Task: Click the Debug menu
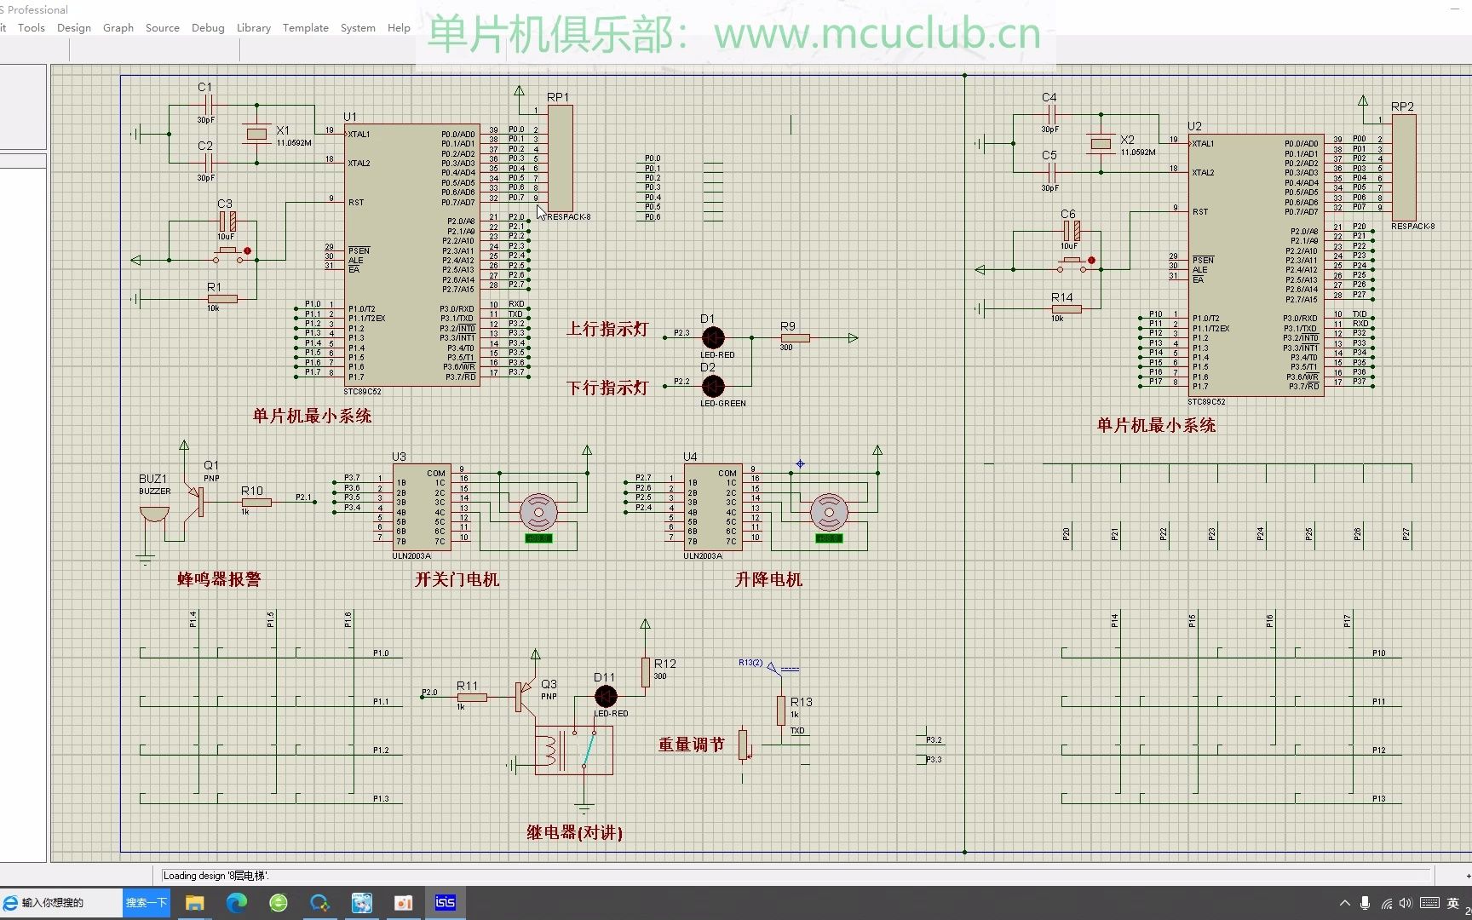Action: tap(208, 27)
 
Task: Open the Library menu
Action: tap(253, 27)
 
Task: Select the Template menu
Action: tap(305, 27)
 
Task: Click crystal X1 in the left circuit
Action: tap(256, 134)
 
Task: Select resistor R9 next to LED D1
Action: tap(794, 338)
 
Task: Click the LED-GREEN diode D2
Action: tap(713, 386)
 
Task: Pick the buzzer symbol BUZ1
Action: tap(154, 514)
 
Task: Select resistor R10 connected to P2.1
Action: tap(256, 503)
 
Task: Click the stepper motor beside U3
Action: tap(538, 513)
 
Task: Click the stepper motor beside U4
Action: tap(829, 513)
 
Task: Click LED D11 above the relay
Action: tap(606, 696)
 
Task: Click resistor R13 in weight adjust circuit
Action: tap(780, 710)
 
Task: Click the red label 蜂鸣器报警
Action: tap(219, 579)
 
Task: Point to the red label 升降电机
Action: tap(768, 579)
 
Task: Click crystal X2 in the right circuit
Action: tap(1101, 143)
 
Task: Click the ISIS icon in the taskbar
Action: tap(446, 902)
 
